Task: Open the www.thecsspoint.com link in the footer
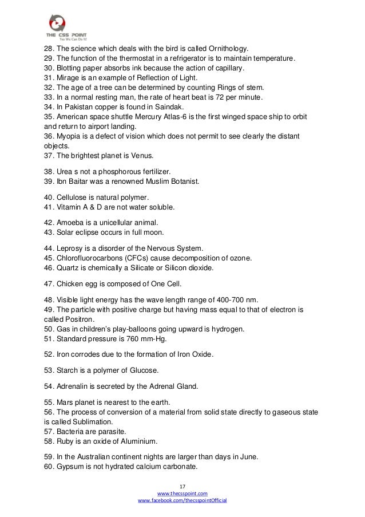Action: click(182, 493)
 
